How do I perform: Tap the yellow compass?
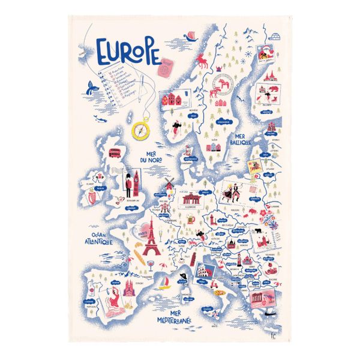click(x=140, y=129)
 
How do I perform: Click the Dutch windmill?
click(x=169, y=182)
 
